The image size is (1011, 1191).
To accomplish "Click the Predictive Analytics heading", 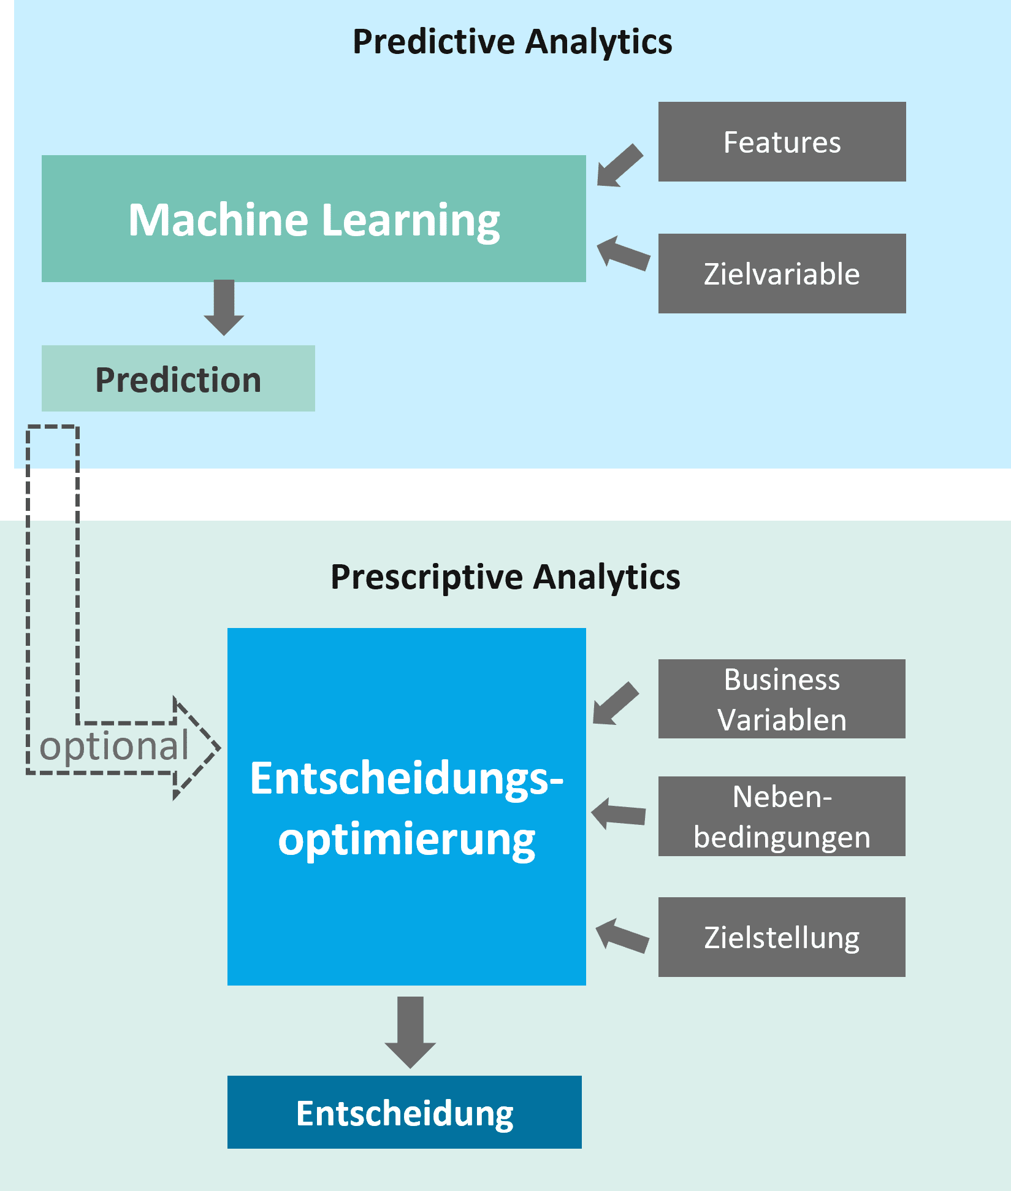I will click(x=512, y=42).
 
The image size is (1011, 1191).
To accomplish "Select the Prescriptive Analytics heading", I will click(x=505, y=577).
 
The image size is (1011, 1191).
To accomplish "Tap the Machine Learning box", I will click(x=313, y=219).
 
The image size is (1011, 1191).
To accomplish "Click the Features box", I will click(x=782, y=142).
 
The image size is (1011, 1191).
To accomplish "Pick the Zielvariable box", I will click(x=782, y=274).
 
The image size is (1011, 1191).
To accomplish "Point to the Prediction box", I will click(x=178, y=378).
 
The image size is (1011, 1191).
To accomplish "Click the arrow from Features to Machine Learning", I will click(x=619, y=166).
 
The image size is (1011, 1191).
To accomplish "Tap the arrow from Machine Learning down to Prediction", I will click(x=224, y=307).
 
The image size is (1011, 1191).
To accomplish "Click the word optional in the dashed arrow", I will click(x=114, y=746).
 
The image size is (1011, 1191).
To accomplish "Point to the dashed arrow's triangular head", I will click(x=196, y=748).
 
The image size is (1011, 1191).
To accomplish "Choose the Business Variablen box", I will click(x=782, y=699).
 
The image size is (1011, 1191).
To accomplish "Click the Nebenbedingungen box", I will click(x=782, y=816).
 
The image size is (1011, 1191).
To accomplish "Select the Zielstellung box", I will click(x=782, y=937).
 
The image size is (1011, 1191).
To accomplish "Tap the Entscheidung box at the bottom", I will click(x=404, y=1112).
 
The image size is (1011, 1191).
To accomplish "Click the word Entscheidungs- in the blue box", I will click(x=406, y=779).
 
